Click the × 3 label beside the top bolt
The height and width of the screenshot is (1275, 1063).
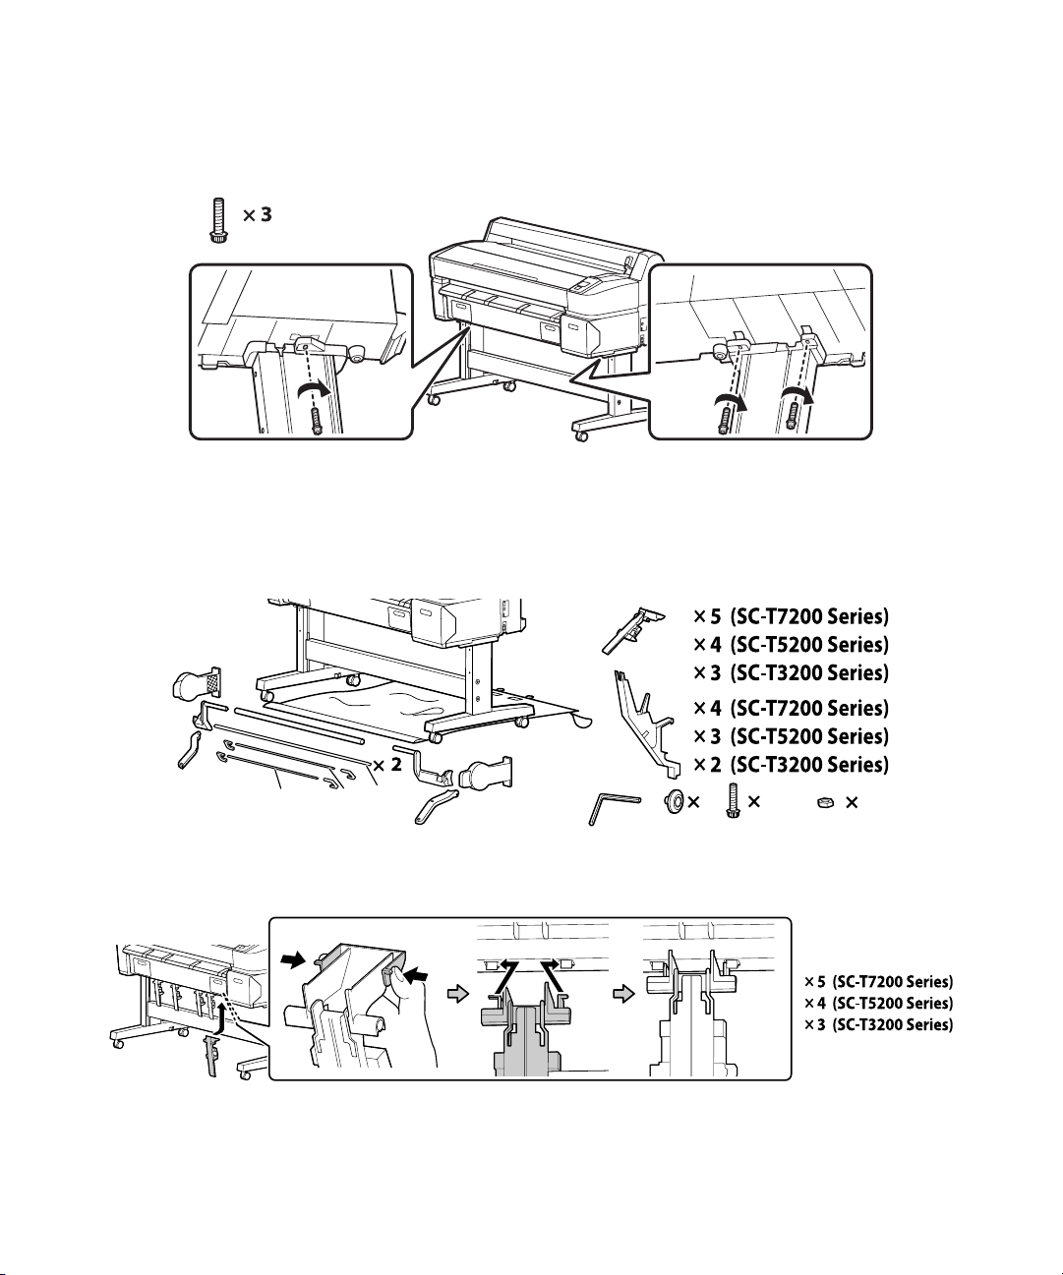[x=258, y=215]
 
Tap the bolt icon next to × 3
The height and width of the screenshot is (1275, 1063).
[x=218, y=221]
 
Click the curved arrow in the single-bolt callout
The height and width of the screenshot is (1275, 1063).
[x=314, y=391]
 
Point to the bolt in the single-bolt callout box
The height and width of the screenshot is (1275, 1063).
[x=316, y=421]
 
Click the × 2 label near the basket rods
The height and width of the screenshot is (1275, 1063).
[x=388, y=765]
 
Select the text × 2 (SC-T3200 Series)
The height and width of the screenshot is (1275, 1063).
[x=792, y=765]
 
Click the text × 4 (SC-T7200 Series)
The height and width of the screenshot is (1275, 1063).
[x=792, y=709]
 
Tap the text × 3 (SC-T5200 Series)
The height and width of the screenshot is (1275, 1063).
[x=792, y=736]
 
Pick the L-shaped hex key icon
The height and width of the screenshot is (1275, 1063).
[x=614, y=808]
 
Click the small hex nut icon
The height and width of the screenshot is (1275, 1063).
[x=825, y=803]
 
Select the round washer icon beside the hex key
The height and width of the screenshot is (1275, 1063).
[x=675, y=800]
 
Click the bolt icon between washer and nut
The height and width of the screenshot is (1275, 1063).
[x=733, y=801]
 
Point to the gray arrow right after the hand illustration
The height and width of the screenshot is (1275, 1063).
[x=458, y=995]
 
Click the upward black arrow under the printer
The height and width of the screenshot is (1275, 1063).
[x=223, y=1019]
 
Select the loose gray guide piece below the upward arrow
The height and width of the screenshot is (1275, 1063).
[x=209, y=1058]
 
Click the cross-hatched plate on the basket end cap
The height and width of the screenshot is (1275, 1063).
[x=214, y=682]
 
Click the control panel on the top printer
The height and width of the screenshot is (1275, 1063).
[x=586, y=284]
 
